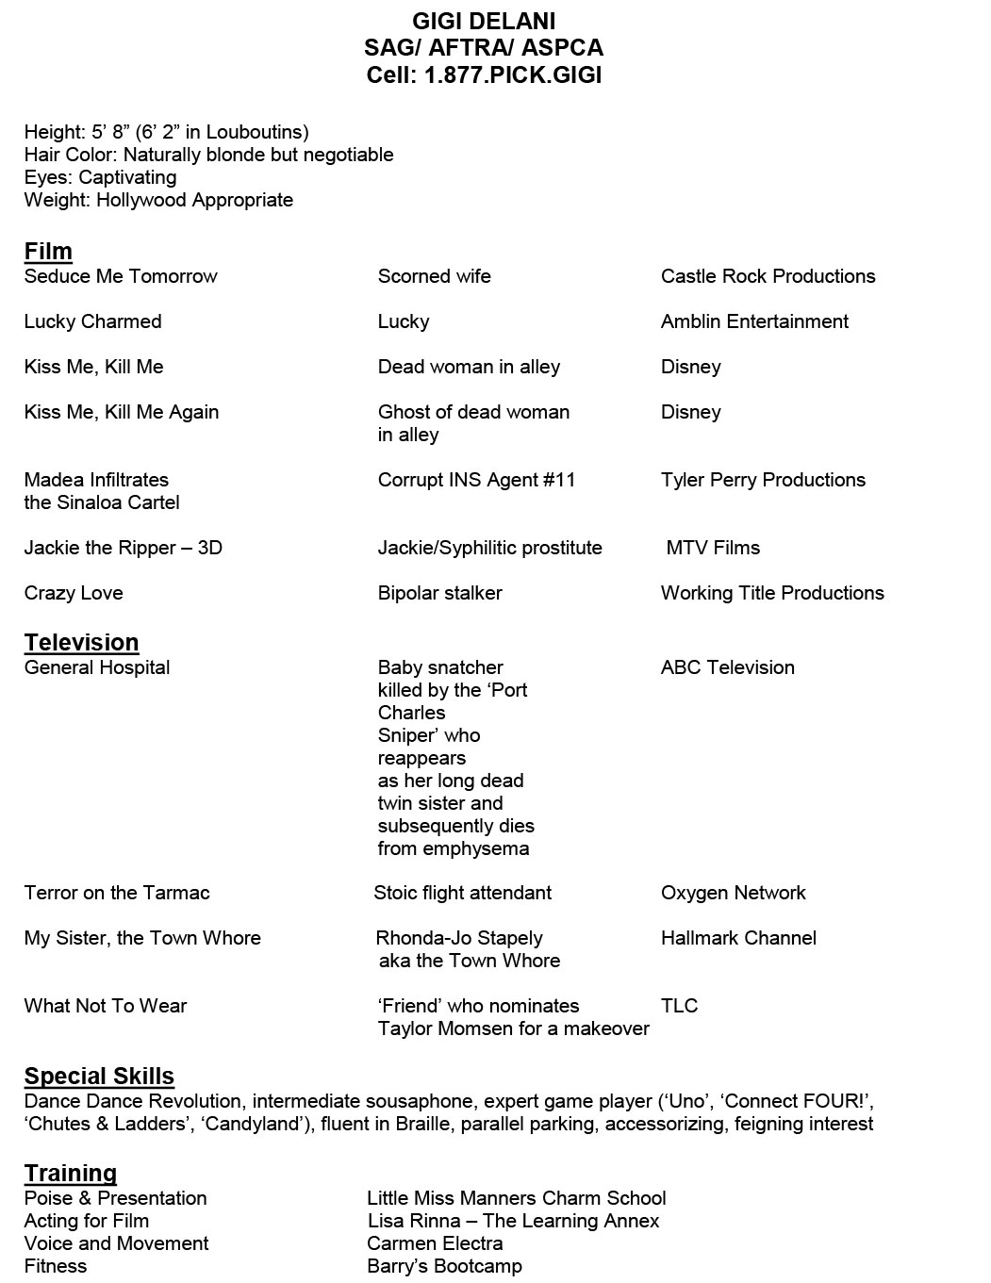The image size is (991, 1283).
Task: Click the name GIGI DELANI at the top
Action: click(484, 21)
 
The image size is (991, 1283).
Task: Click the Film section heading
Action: click(48, 251)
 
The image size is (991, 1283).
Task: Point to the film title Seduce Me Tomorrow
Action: click(121, 276)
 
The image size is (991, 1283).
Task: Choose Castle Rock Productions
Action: click(768, 276)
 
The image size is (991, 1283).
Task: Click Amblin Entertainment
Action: click(754, 321)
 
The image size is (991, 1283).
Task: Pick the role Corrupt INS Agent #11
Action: click(476, 480)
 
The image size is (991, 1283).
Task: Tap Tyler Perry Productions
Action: click(763, 480)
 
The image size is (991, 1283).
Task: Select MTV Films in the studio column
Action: click(712, 548)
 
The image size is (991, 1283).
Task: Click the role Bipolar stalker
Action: click(439, 593)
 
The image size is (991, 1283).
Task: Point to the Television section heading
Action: click(82, 642)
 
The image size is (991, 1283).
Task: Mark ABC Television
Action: click(727, 667)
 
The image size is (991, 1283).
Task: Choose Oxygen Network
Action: click(733, 893)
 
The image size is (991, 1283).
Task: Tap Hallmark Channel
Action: click(738, 938)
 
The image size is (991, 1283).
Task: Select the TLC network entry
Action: click(679, 1006)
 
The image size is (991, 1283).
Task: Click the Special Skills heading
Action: click(99, 1076)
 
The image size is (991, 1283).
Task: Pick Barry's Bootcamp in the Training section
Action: click(444, 1266)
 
